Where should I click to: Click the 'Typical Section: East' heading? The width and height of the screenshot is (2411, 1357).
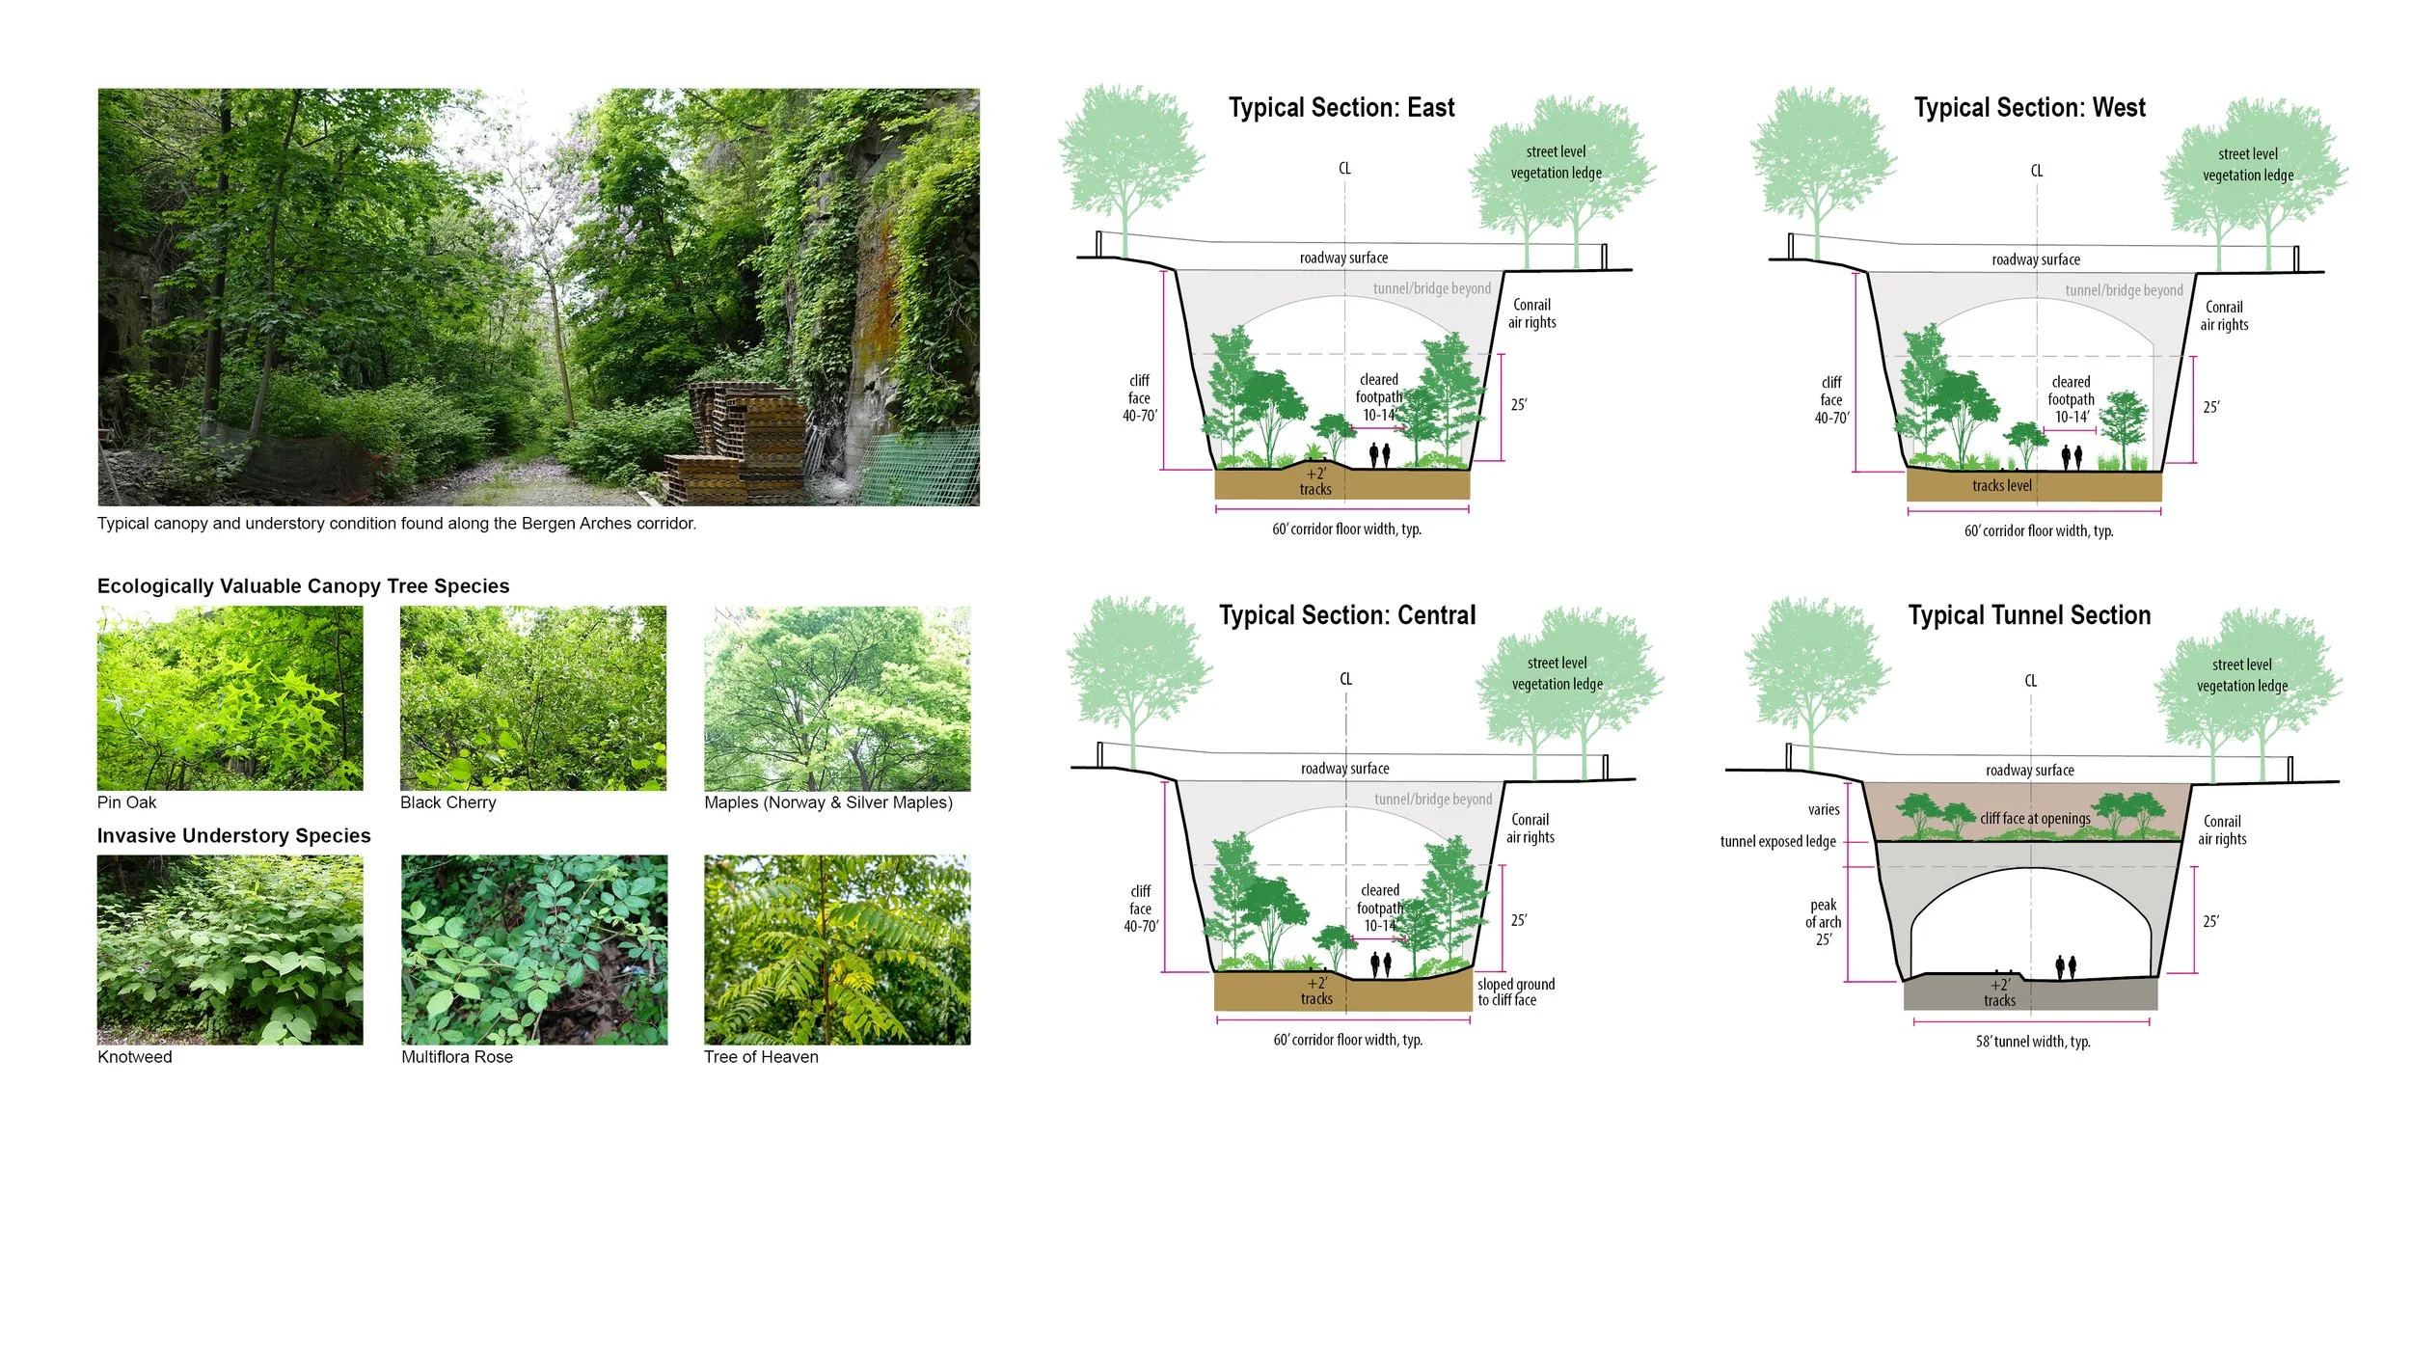[1341, 108]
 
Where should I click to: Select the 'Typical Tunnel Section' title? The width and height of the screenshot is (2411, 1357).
[2029, 615]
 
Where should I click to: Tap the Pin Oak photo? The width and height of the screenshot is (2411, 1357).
[230, 698]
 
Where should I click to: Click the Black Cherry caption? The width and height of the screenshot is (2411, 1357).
[448, 802]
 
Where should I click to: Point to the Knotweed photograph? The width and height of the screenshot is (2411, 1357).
[230, 949]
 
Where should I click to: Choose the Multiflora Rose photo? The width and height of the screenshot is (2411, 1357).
[534, 949]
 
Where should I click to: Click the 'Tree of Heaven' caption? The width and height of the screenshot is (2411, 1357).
[761, 1057]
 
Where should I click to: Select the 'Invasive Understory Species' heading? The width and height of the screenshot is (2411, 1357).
[233, 836]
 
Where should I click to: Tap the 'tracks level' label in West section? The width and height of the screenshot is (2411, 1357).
[2001, 486]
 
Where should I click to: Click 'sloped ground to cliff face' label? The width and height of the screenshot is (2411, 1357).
[1515, 992]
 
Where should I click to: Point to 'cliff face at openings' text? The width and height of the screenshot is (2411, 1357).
[2035, 819]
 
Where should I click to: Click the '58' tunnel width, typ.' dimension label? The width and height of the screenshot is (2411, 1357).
[2033, 1042]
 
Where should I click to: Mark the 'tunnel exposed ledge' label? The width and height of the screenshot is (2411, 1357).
[1777, 842]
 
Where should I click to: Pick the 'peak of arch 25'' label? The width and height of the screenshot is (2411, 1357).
[1823, 922]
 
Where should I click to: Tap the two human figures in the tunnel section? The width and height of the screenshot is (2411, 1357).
[2066, 966]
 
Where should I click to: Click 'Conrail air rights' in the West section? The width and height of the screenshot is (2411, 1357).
[2224, 316]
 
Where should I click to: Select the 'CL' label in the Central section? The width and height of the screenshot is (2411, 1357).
[1345, 679]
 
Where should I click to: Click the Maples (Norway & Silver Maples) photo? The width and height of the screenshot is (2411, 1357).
[837, 698]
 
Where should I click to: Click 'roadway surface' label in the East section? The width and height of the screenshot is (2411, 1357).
[1343, 258]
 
